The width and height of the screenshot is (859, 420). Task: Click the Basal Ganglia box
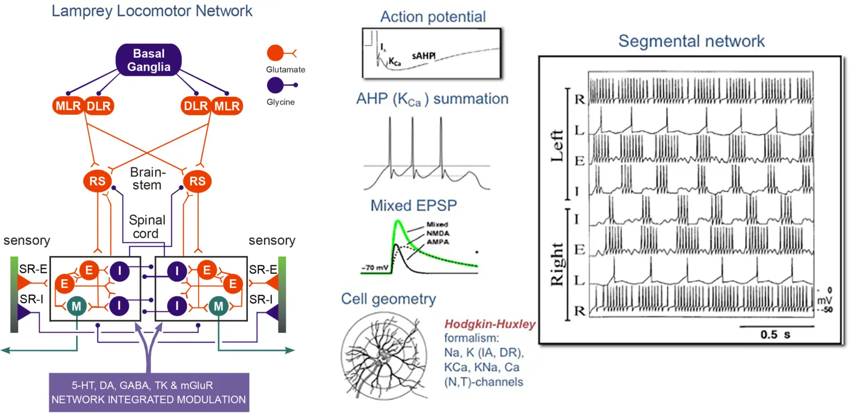[149, 60]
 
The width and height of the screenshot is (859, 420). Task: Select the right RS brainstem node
[198, 181]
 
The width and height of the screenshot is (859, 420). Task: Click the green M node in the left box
[76, 306]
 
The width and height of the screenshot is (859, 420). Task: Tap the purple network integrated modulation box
[149, 392]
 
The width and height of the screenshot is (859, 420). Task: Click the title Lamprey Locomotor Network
[152, 11]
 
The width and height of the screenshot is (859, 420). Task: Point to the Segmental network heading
[691, 41]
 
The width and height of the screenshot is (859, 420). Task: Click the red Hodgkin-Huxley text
[490, 325]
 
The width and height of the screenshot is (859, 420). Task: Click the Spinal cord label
[147, 227]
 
